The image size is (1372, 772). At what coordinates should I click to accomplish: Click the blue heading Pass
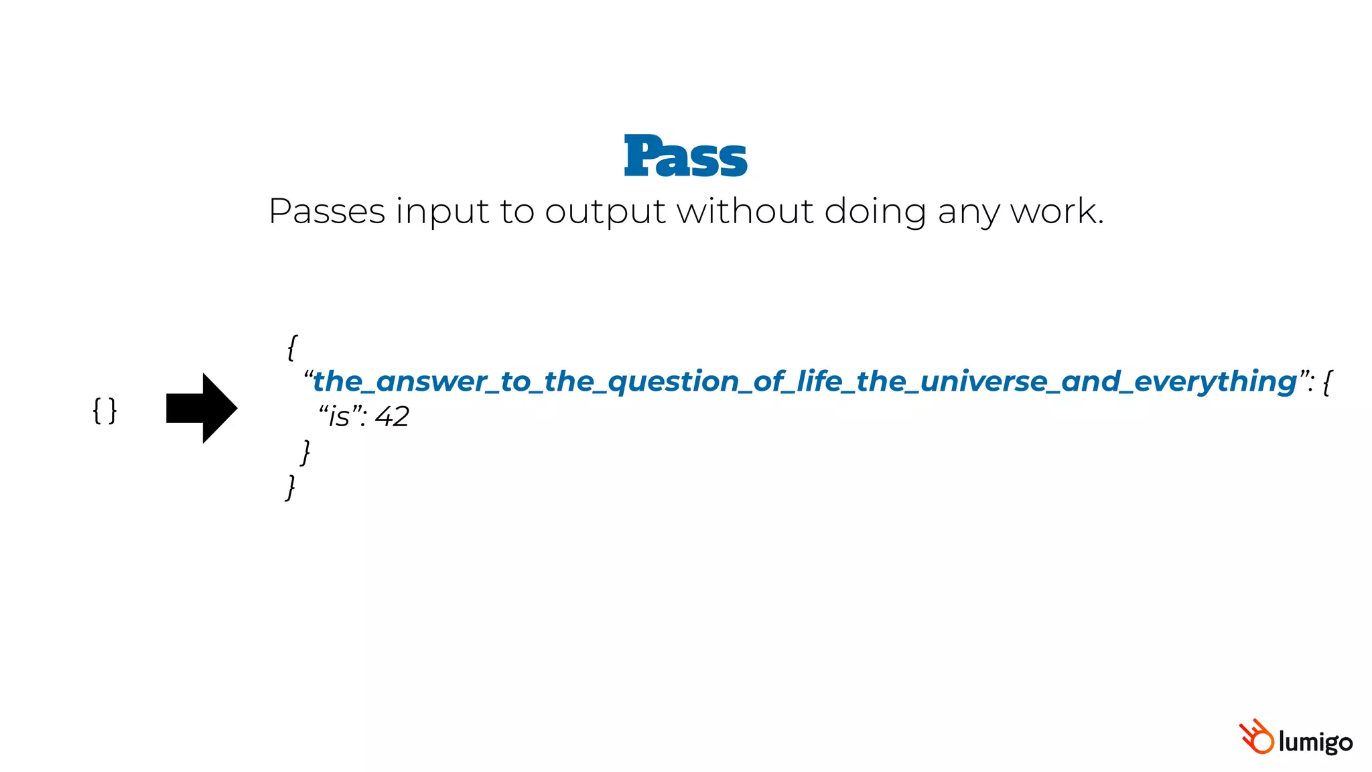click(685, 156)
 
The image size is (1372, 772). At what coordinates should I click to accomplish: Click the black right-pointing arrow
click(202, 408)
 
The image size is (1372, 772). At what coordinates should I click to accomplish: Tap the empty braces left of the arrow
click(105, 410)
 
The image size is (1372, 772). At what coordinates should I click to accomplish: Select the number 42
click(392, 417)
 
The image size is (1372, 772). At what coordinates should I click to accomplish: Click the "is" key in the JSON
click(339, 417)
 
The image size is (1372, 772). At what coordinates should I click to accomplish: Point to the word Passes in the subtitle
click(326, 212)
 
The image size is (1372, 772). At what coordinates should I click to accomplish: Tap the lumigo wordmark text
click(1314, 743)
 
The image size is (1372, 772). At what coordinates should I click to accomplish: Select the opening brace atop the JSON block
click(291, 348)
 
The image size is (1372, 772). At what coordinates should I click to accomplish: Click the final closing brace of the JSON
click(290, 487)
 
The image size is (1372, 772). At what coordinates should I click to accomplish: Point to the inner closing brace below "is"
click(305, 452)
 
